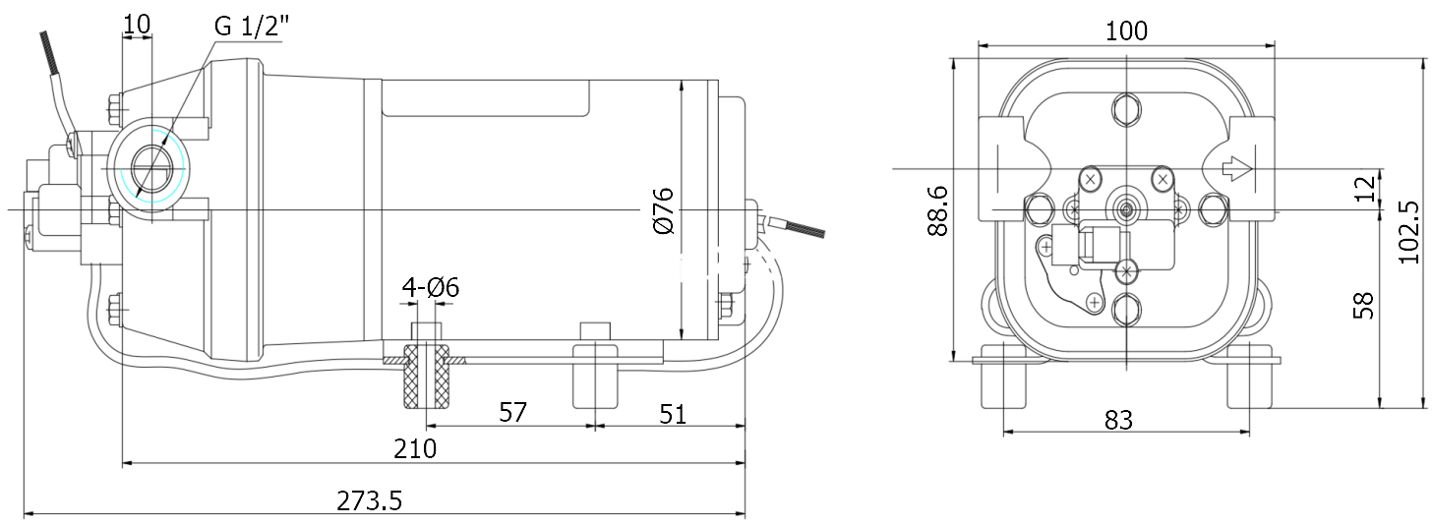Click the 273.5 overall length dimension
pos(370,500)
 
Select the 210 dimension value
pos(415,449)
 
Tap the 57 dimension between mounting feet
pos(512,413)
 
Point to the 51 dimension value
pos(672,414)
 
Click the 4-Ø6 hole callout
pos(430,287)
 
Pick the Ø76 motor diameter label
pos(663,209)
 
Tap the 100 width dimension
pos(1126,30)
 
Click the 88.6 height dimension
pos(936,209)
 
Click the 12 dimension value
pos(1363,189)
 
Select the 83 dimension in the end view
pos(1118,420)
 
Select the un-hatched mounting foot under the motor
pos(594,376)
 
